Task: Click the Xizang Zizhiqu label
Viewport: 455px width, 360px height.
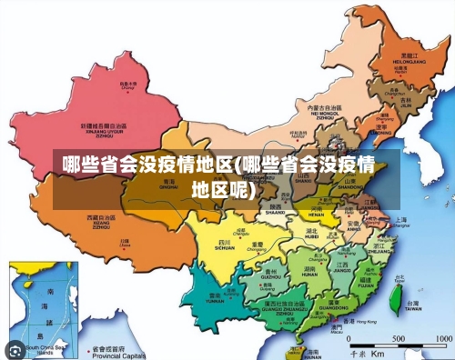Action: (100, 221)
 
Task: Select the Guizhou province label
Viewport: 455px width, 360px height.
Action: (269, 273)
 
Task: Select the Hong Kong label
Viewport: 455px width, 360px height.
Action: (364, 322)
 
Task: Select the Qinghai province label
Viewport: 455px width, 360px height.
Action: (169, 185)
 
